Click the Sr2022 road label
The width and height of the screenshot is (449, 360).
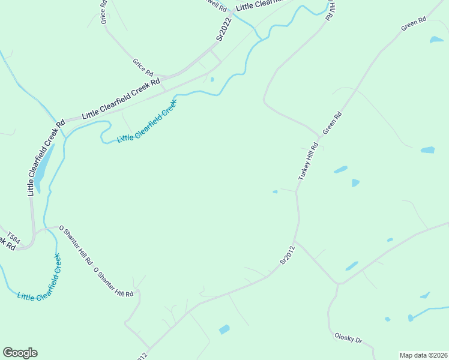224,29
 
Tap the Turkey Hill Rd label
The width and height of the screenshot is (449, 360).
308,162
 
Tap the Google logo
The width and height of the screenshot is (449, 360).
20,353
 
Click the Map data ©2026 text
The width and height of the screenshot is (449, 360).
423,355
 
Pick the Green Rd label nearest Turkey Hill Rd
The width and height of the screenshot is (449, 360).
332,122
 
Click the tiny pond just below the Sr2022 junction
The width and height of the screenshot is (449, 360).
212,79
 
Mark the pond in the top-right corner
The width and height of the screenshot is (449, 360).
436,40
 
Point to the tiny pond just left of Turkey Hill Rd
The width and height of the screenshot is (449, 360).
275,192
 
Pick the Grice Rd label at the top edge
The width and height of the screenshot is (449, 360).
103,11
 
